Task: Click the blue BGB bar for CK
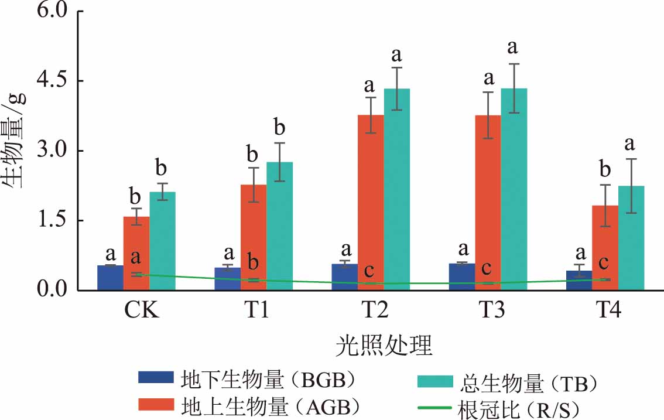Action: point(110,278)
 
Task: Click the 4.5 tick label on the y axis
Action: point(53,81)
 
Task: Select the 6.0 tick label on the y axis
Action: point(53,11)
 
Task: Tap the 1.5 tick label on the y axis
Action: point(53,220)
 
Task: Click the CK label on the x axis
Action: point(142,310)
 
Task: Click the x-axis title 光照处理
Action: point(384,347)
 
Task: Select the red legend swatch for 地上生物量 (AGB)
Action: point(156,405)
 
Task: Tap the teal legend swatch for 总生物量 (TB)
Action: point(434,382)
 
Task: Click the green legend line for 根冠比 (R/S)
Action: point(434,408)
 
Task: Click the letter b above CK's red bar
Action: point(136,194)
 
